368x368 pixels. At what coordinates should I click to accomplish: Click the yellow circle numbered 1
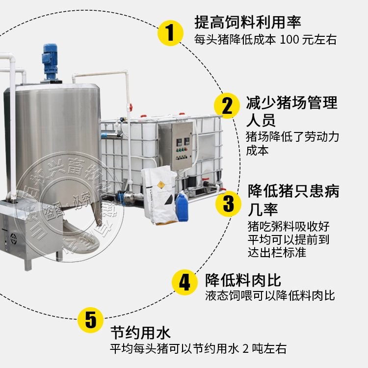click(170, 33)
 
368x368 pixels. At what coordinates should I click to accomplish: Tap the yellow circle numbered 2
click(227, 106)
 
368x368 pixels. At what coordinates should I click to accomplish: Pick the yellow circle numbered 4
click(184, 283)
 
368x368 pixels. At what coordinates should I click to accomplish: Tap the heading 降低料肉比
click(243, 280)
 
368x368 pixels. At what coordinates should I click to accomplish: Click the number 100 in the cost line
click(289, 40)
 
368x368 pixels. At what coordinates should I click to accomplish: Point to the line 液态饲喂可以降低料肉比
click(270, 295)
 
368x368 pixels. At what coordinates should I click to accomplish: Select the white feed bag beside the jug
click(158, 194)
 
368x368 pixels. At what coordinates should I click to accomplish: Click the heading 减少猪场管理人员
click(291, 111)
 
